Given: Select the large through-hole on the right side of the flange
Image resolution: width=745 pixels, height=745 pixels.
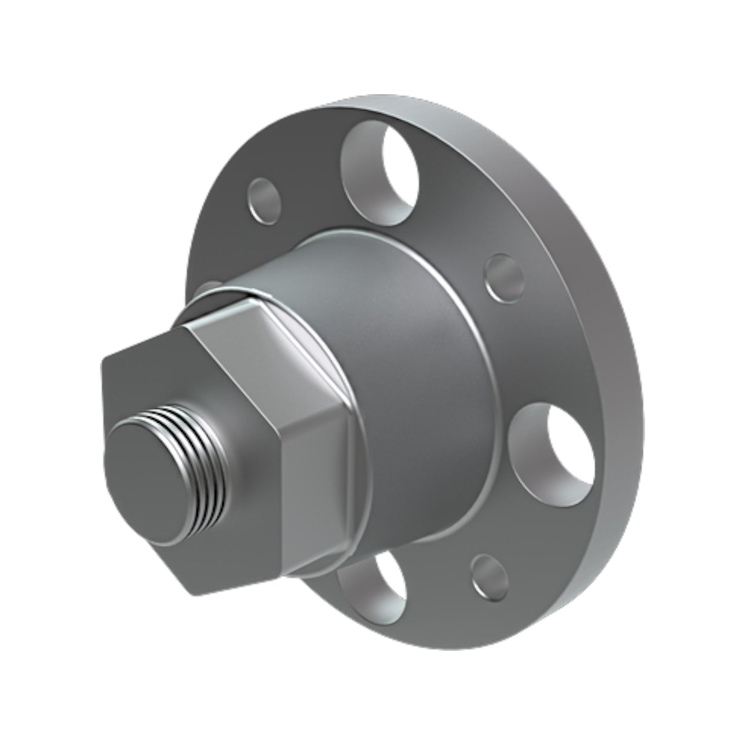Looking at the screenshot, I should pyautogui.click(x=554, y=449).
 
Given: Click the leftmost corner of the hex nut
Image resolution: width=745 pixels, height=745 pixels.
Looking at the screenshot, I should pyautogui.click(x=103, y=361).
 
